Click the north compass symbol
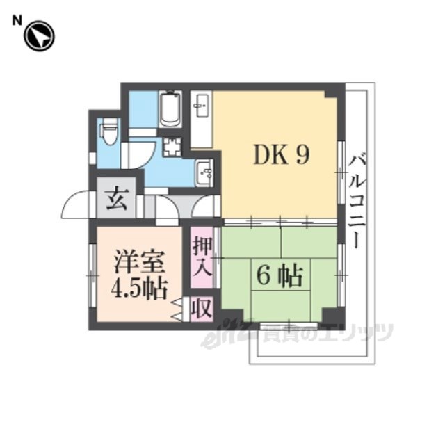click(39, 36)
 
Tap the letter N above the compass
click(17, 21)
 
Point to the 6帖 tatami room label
click(280, 276)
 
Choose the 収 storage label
click(202, 309)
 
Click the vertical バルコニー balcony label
click(357, 201)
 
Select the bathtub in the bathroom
click(170, 110)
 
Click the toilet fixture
click(109, 131)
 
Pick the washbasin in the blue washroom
click(204, 172)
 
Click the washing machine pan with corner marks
click(172, 147)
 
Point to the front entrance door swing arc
click(76, 204)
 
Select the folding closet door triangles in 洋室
click(177, 310)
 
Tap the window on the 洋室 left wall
click(92, 275)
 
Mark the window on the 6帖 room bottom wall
click(289, 326)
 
